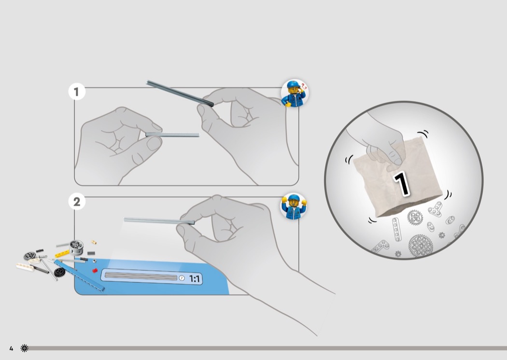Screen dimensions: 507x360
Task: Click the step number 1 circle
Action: coord(77,92)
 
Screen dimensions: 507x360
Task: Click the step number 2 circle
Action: coord(77,202)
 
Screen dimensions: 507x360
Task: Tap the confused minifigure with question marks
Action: coord(295,93)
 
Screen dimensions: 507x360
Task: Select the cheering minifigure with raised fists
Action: coord(294,207)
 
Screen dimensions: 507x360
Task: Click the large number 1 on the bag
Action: coord(402,184)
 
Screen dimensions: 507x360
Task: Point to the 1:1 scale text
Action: coord(194,278)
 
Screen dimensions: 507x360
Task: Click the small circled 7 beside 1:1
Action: coord(182,278)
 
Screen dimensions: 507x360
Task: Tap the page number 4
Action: coord(11,348)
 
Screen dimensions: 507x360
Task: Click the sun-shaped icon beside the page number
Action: coord(24,348)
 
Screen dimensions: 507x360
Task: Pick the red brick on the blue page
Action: coord(95,271)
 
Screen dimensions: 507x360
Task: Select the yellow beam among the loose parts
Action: coord(62,254)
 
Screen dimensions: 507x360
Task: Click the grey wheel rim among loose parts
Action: coord(76,247)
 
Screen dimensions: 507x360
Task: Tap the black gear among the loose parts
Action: coord(59,272)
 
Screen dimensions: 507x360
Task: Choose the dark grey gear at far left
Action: coord(30,256)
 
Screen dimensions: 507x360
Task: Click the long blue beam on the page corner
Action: coord(79,276)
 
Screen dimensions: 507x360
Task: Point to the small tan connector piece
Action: coord(94,242)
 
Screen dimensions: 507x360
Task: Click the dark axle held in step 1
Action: coord(180,94)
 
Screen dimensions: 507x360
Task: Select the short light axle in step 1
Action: coord(172,135)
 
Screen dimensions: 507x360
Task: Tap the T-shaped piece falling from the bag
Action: coord(436,209)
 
